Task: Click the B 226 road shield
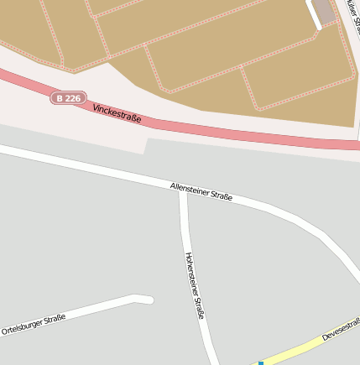pos(68,98)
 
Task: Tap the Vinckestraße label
pos(117,114)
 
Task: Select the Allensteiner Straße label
pos(201,191)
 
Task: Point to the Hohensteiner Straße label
pos(194,285)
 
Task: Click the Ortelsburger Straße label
pos(34,324)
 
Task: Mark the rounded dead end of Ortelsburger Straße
pos(148,299)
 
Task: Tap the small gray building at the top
pos(323,11)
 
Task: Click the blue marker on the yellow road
pos(261,362)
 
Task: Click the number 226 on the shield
pos(72,98)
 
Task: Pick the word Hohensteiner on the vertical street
pos(190,270)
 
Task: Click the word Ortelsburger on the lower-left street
pos(22,327)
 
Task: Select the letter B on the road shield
pos(59,98)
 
